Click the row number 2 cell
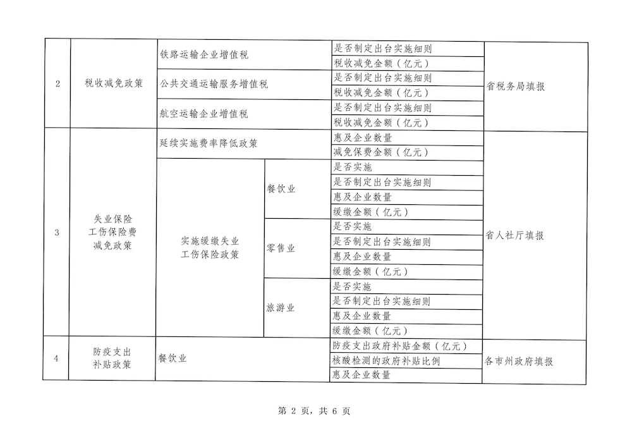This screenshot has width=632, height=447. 58,85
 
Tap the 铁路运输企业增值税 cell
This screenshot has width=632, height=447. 204,55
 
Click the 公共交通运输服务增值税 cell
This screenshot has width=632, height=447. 214,84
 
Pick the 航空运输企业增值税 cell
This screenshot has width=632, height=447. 204,114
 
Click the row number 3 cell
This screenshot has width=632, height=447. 57,233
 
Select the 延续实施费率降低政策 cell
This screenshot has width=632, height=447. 209,144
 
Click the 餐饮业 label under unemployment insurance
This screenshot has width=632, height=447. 281,189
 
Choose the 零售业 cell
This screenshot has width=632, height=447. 281,248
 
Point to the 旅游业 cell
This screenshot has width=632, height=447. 281,308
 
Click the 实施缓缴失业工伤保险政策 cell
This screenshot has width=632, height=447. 210,248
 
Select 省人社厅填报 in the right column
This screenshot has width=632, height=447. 515,235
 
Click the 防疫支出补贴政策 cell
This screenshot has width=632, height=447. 112,358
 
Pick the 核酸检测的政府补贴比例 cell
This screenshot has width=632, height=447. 386,361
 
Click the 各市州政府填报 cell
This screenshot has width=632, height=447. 519,362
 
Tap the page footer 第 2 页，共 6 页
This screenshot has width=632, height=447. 314,411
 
